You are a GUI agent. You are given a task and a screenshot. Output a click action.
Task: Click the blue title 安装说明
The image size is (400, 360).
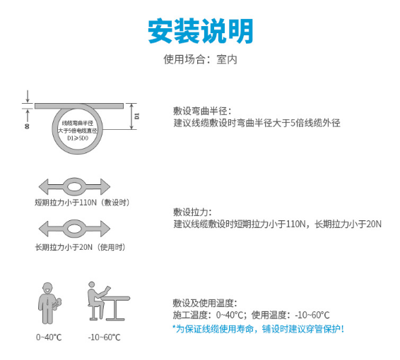coord(200,31)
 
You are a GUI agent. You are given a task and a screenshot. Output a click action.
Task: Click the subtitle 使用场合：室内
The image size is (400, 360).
coord(200,59)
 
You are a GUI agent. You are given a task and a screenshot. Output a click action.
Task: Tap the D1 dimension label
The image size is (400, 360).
coord(137,116)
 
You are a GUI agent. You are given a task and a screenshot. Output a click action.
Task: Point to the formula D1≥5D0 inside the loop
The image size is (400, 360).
coord(78,138)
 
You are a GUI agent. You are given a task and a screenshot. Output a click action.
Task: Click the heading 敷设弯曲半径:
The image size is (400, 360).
coord(202,112)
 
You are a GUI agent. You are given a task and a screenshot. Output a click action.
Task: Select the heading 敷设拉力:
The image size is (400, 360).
coord(192,212)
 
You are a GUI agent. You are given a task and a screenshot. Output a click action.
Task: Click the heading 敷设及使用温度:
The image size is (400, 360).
coord(205,304)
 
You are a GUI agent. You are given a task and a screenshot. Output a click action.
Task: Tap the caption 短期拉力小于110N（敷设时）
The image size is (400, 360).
coord(83,203)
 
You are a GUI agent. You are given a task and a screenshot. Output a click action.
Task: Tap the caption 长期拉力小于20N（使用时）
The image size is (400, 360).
coord(80,247)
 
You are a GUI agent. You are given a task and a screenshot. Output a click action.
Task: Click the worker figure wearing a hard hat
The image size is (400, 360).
coord(49,304)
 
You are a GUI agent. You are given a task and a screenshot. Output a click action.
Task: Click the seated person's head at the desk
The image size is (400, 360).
coord(92,285)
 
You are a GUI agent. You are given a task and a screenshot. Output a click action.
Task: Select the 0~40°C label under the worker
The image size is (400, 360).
coord(49,337)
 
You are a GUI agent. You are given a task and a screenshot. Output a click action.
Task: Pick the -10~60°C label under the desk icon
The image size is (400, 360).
coord(105,337)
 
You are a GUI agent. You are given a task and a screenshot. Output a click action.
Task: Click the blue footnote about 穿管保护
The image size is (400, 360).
coord(258,329)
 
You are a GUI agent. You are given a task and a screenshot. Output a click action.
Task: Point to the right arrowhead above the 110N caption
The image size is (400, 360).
coord(105,186)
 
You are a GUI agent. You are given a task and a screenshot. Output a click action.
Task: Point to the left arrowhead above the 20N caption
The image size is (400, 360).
coord(44,229)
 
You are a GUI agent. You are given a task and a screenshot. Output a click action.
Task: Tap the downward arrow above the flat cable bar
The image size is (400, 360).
coord(28,97)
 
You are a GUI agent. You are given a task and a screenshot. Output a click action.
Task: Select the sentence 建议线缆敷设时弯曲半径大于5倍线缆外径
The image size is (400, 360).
coord(257,123)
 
